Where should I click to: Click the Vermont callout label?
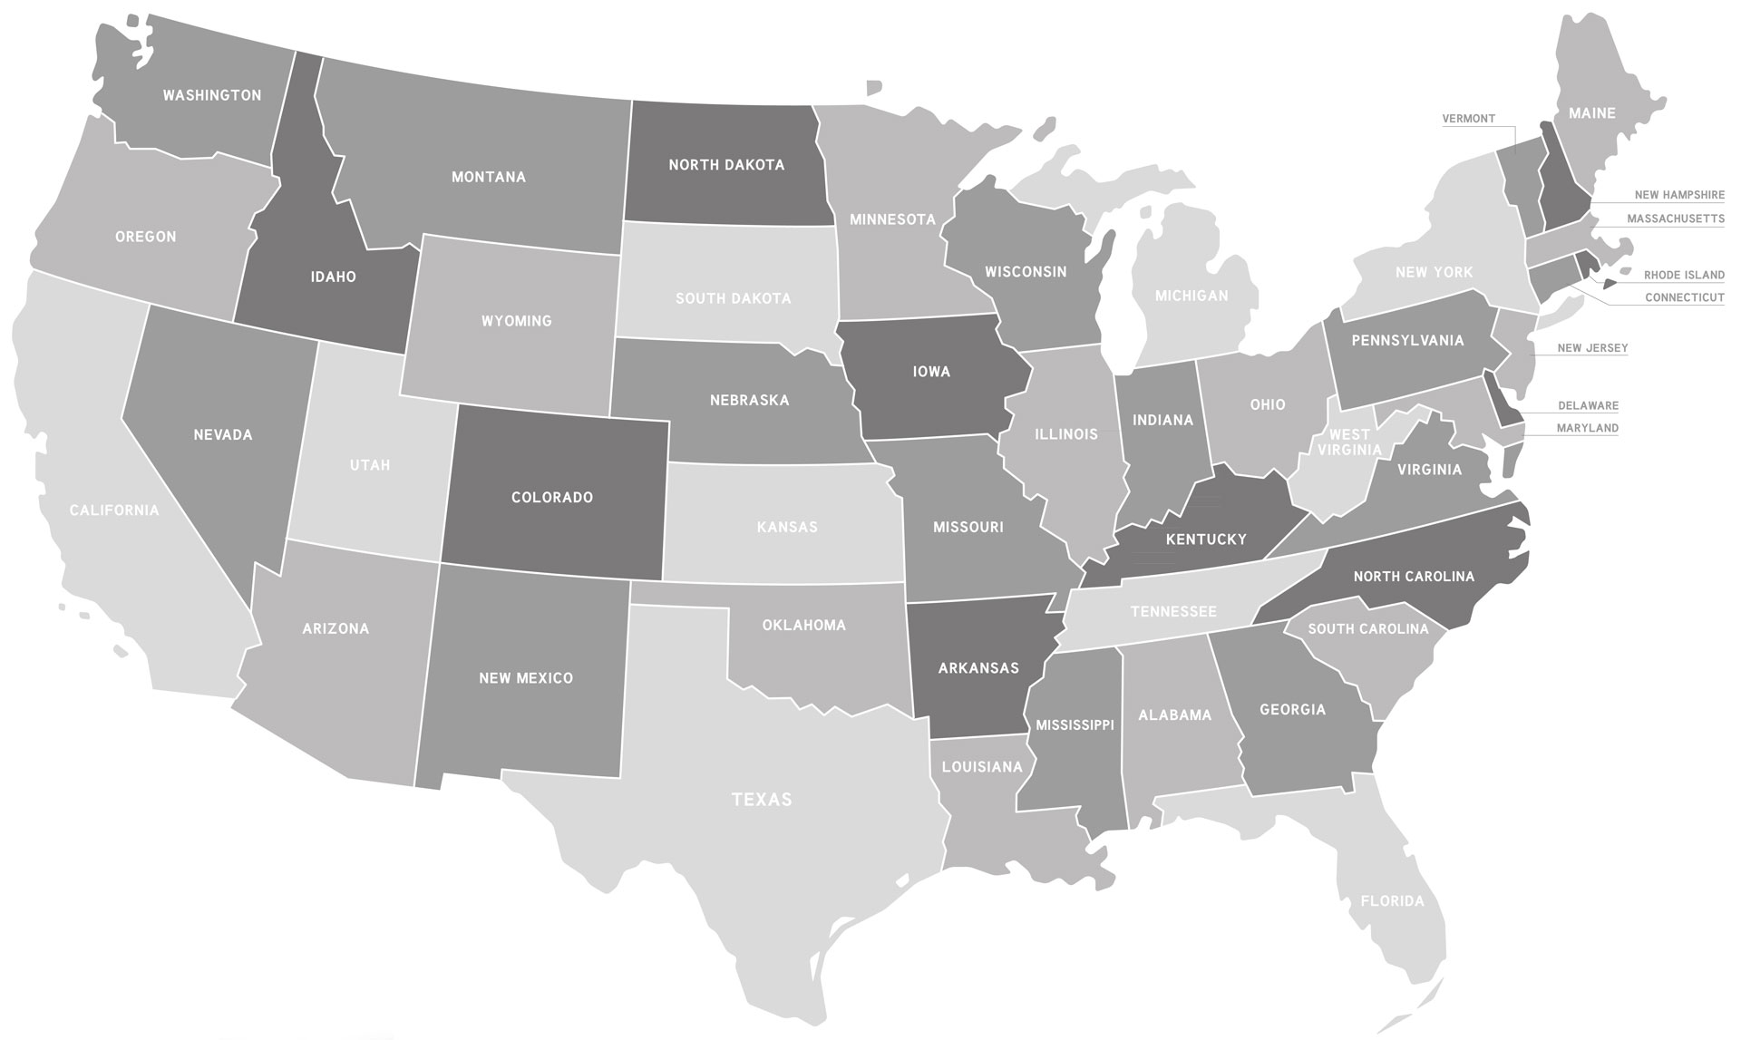[1468, 119]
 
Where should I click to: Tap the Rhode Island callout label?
[1684, 275]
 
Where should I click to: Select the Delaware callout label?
[1588, 406]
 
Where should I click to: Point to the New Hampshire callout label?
[1679, 195]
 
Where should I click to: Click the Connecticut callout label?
[1684, 297]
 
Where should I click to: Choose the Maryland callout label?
[1587, 428]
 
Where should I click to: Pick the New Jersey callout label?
[1592, 348]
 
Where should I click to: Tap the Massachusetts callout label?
[1675, 219]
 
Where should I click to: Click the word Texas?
[762, 800]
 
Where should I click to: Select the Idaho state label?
[333, 277]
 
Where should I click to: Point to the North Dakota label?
[726, 165]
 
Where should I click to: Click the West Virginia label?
[1349, 442]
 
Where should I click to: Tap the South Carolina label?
[1367, 628]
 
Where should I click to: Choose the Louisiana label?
[981, 767]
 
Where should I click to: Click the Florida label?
[1392, 901]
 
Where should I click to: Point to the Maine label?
[1592, 113]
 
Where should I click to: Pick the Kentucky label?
[1206, 539]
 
